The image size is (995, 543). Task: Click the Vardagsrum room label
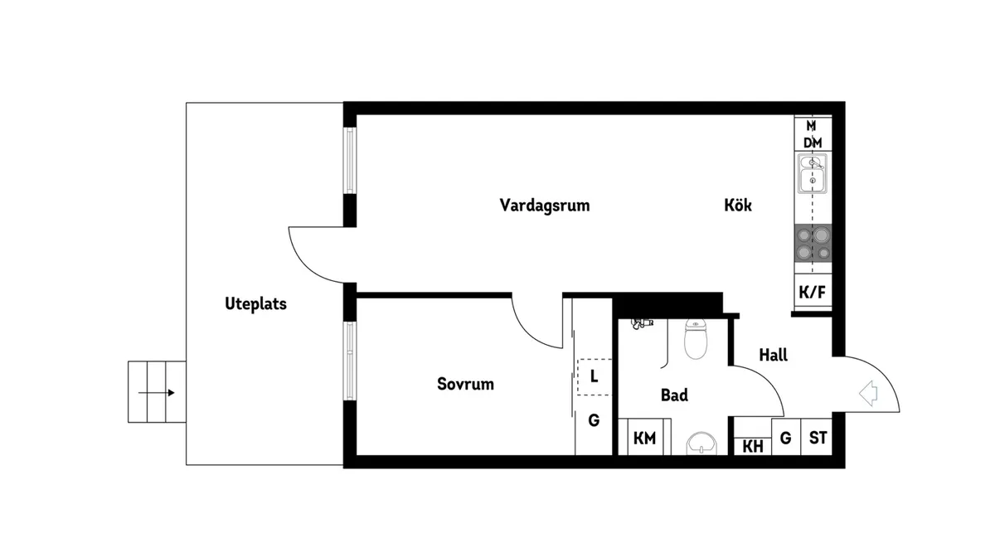[545, 206]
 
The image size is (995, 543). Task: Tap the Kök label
[738, 205]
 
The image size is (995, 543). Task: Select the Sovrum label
[465, 384]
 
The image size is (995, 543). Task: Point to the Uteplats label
[256, 304]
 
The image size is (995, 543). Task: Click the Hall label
[774, 355]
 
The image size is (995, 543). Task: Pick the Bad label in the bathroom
[674, 395]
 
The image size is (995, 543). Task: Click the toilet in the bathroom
[696, 338]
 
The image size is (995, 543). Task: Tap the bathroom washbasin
[701, 444]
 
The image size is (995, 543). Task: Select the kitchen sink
[813, 173]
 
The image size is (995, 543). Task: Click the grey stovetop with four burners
[813, 243]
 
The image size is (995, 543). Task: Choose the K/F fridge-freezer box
[813, 291]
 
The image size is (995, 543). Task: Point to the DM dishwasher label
[813, 143]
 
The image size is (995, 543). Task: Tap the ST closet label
[818, 438]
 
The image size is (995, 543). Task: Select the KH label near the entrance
[753, 447]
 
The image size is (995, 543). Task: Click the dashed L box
[595, 377]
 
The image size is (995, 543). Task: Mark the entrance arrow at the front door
[868, 393]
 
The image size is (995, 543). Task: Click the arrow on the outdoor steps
[157, 393]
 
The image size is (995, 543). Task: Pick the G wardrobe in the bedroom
[594, 420]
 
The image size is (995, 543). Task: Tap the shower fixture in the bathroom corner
[641, 323]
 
